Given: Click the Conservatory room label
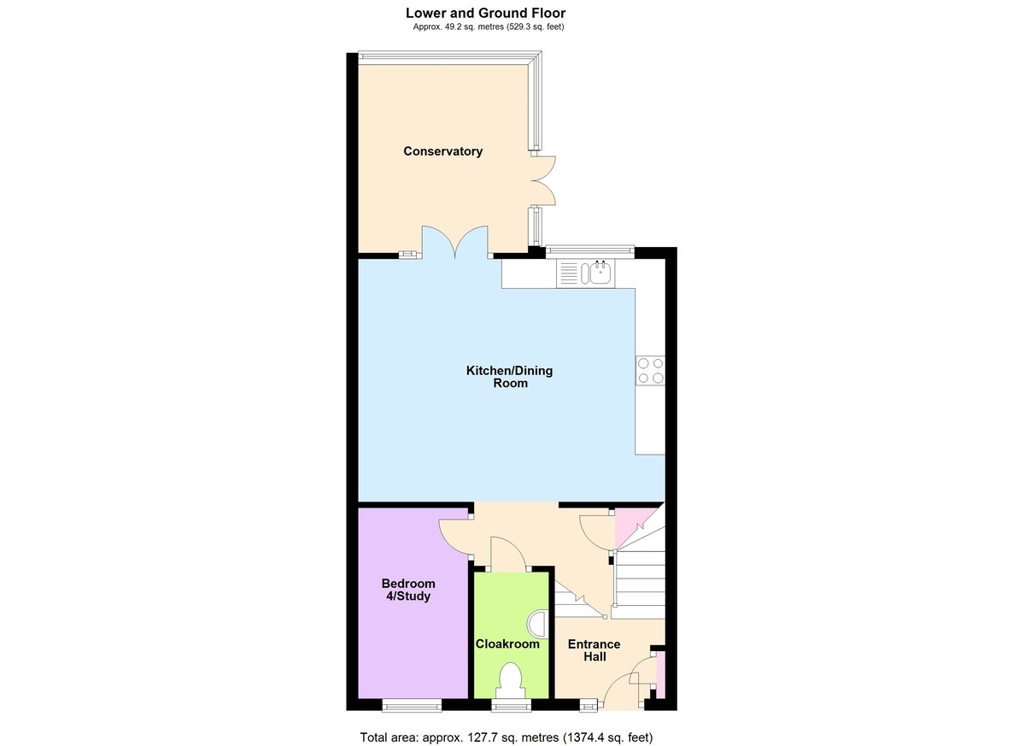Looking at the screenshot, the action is (443, 151).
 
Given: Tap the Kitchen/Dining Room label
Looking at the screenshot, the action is (509, 377).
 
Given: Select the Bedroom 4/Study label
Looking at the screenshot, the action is (408, 590).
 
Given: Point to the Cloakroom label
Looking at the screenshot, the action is (507, 644).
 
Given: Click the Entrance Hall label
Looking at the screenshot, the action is (594, 650).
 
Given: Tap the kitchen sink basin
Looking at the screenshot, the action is (600, 273).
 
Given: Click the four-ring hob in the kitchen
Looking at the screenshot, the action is (650, 370).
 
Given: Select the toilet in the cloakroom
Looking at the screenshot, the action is (509, 678).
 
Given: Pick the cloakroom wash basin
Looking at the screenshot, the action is (537, 623).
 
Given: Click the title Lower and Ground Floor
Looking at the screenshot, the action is (485, 13).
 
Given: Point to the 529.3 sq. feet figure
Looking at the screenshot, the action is (535, 26).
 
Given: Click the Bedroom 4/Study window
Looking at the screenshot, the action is (412, 705).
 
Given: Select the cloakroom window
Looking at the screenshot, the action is (512, 705).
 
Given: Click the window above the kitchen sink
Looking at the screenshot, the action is (590, 250).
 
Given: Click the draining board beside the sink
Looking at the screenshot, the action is (569, 273).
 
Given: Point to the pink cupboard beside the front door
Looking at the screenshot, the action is (661, 675).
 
